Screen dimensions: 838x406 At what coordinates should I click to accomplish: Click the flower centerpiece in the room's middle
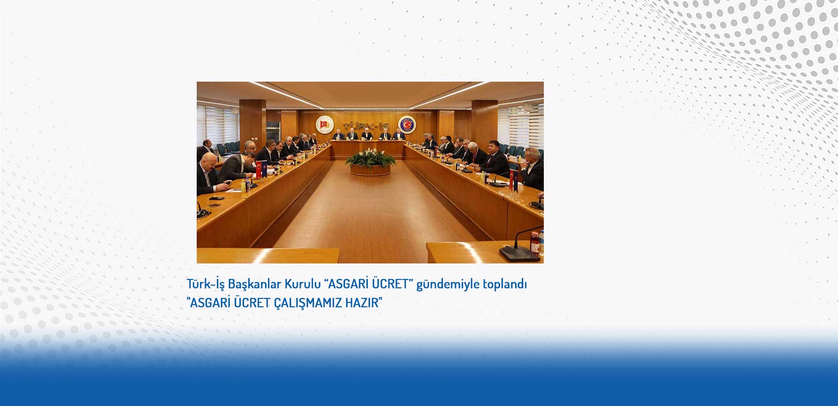370,162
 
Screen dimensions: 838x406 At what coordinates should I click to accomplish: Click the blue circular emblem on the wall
407,125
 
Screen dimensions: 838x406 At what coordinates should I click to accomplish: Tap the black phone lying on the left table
217,199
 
